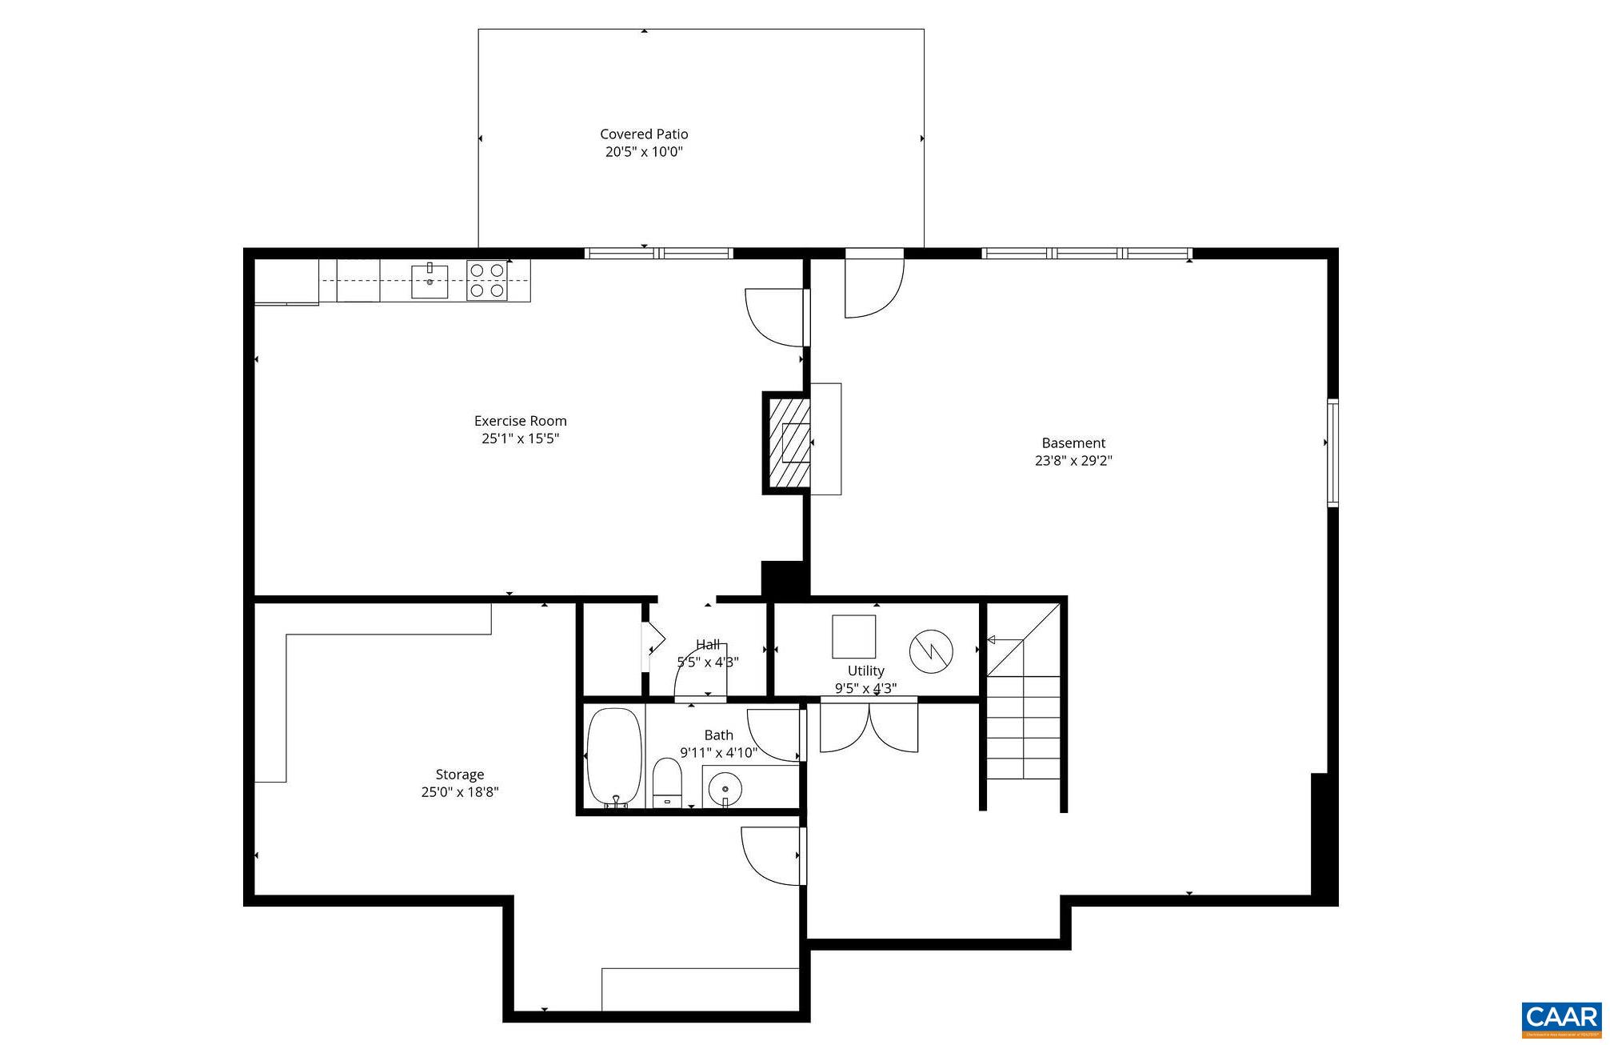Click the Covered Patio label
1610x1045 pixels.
pyautogui.click(x=644, y=134)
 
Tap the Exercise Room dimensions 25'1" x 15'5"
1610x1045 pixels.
pyautogui.click(x=520, y=438)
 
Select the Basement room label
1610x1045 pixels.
pyautogui.click(x=1073, y=442)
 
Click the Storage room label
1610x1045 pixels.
pyautogui.click(x=459, y=774)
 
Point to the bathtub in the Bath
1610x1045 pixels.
pyautogui.click(x=614, y=758)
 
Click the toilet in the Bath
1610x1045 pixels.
pyautogui.click(x=667, y=782)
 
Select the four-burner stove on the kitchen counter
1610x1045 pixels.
pyautogui.click(x=486, y=280)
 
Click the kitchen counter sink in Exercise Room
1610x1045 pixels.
pyautogui.click(x=429, y=281)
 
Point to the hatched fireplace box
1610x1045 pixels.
pyautogui.click(x=788, y=443)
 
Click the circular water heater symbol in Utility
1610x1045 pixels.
pyautogui.click(x=931, y=651)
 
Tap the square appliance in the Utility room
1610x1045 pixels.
pyautogui.click(x=853, y=636)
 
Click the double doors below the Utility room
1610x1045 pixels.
pyautogui.click(x=869, y=726)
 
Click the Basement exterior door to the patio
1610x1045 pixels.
pyautogui.click(x=874, y=285)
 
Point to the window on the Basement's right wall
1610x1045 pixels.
pyautogui.click(x=1332, y=453)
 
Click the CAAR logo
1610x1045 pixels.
pyautogui.click(x=1561, y=1019)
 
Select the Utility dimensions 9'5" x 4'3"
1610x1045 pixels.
pyautogui.click(x=865, y=688)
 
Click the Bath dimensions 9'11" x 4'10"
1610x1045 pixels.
pyautogui.click(x=718, y=752)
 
